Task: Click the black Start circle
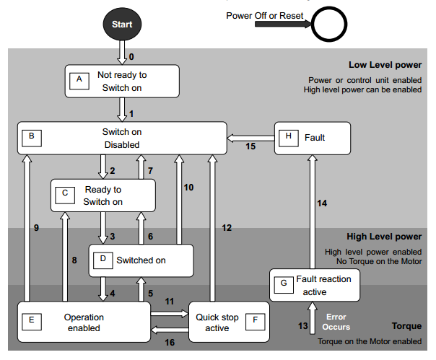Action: point(122,24)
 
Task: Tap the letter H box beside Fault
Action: point(289,136)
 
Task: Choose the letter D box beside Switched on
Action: point(102,259)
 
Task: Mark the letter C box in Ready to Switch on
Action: point(64,193)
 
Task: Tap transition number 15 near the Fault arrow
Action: point(250,146)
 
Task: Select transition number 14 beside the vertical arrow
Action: point(323,203)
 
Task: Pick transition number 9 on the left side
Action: point(35,227)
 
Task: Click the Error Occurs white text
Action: point(336,322)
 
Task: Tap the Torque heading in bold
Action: point(406,326)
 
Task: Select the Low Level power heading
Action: point(385,65)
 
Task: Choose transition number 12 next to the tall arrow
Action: point(226,228)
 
